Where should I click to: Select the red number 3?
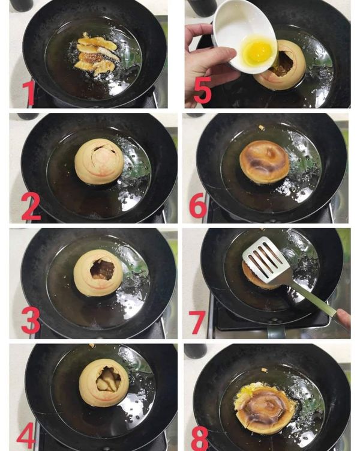[31, 321]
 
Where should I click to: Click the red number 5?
[202, 90]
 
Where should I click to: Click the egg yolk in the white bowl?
[257, 52]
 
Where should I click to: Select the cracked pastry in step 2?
[99, 161]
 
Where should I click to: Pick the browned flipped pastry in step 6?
[264, 161]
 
